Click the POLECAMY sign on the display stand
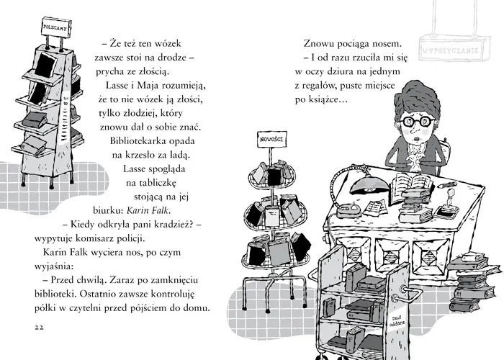tap(55, 27)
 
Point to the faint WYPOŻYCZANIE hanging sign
tap(454, 49)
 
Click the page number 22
tap(39, 328)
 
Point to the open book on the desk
tap(412, 182)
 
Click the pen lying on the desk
tap(447, 185)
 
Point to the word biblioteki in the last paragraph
tap(55, 294)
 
